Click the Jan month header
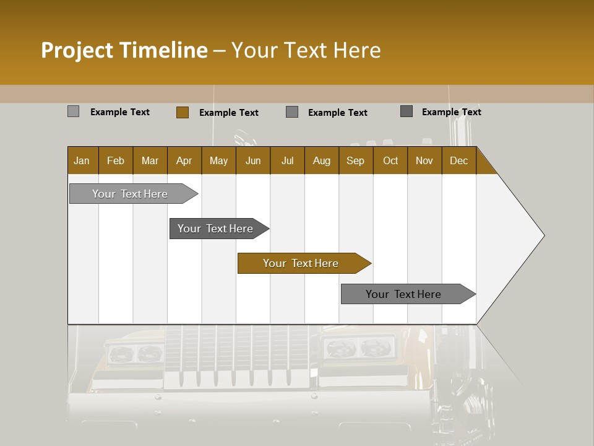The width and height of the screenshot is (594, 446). click(82, 161)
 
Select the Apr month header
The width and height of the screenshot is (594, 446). click(184, 161)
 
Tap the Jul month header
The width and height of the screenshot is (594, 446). click(287, 161)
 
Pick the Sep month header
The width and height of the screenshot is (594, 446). click(355, 161)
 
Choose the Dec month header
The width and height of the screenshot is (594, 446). click(458, 161)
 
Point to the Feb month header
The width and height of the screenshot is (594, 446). click(116, 161)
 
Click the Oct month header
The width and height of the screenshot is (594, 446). click(390, 161)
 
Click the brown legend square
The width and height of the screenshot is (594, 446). click(183, 112)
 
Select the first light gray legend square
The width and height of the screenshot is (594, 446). click(74, 111)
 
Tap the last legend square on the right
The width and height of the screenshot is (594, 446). click(407, 111)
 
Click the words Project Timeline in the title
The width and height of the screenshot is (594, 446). click(124, 50)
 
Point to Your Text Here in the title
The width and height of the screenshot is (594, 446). click(306, 50)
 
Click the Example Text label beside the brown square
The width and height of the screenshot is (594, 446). click(229, 113)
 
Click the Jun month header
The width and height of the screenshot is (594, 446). click(253, 161)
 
